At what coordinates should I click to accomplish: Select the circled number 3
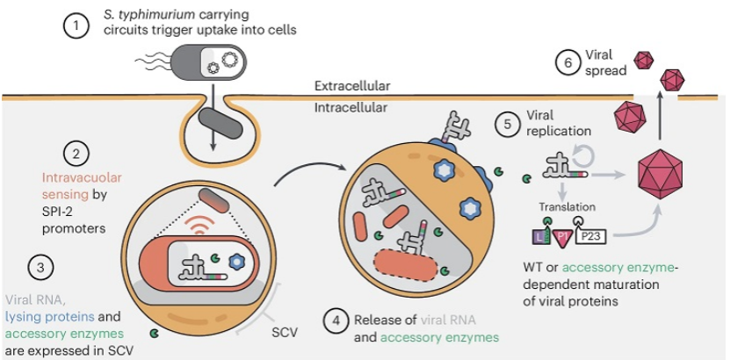40,269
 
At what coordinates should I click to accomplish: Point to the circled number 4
336,326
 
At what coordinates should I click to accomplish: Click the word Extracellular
352,86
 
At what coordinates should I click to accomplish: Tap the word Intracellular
351,108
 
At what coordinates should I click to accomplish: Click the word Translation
567,206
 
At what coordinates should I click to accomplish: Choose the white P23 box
591,237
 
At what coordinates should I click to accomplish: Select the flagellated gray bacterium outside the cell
193,61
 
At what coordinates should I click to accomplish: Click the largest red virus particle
661,174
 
